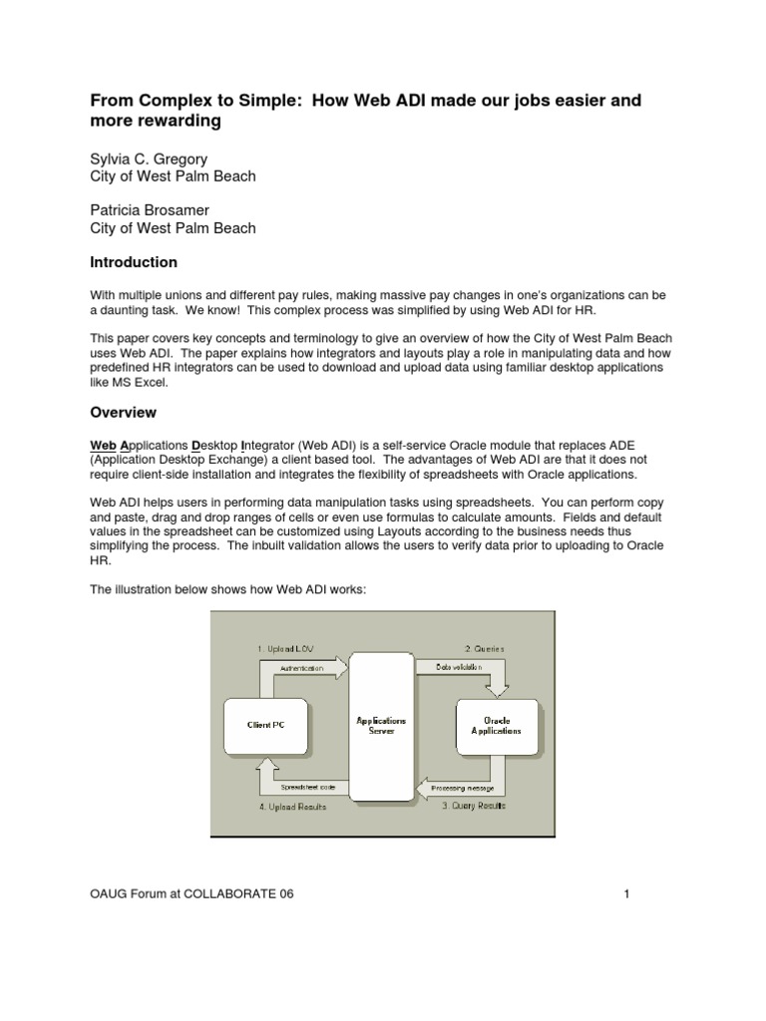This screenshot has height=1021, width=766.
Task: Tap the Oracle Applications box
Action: coord(496,725)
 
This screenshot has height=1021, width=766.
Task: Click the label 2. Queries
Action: coord(485,648)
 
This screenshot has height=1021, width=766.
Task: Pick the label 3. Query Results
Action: coord(474,805)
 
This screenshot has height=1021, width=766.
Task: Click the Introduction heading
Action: coord(134,262)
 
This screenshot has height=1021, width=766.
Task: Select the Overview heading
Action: coord(124,411)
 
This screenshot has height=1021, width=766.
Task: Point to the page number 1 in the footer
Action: coord(627,894)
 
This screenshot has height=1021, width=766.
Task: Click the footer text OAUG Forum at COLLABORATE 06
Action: coord(192,894)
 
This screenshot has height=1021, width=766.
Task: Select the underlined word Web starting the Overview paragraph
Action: coord(104,444)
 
